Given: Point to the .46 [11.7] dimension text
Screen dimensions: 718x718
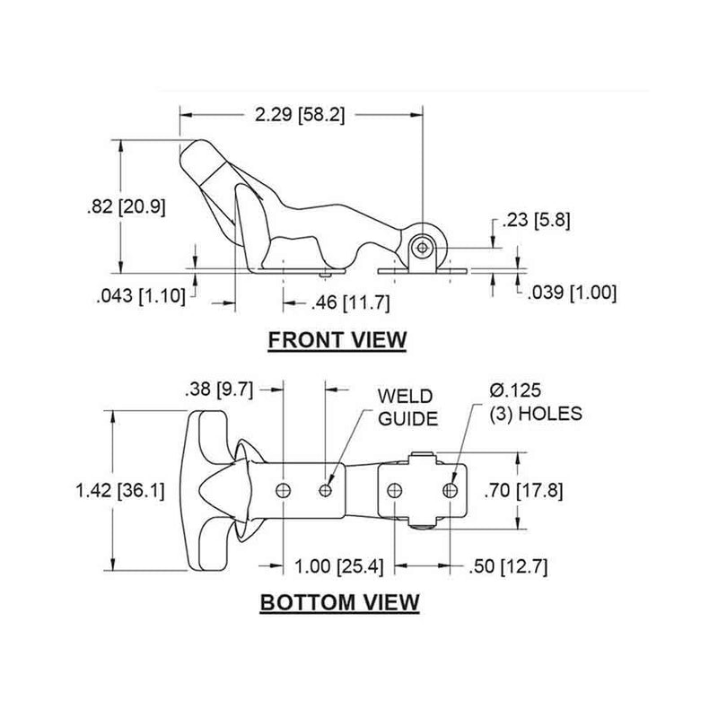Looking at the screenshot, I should coord(349,302).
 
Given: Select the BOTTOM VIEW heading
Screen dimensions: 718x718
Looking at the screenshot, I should coord(339,601).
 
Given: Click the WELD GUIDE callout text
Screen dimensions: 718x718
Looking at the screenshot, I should coord(406,407).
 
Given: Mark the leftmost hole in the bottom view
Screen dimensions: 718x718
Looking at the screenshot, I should coord(284,489).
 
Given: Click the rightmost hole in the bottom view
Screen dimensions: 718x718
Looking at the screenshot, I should coord(451,489).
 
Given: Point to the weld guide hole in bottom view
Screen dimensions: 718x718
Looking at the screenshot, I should coord(327,489).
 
